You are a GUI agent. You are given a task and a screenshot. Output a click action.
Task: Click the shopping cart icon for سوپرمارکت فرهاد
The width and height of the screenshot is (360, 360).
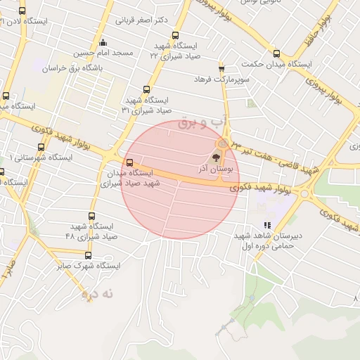pyautogui.click(x=221, y=69)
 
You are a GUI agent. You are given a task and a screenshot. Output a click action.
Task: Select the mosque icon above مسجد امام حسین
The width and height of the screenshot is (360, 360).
pyautogui.click(x=103, y=41)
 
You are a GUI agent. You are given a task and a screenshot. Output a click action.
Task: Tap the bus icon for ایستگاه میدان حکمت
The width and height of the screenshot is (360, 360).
pyautogui.click(x=276, y=53)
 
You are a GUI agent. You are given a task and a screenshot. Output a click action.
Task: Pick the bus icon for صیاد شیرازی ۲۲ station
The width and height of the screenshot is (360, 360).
pyautogui.click(x=175, y=37)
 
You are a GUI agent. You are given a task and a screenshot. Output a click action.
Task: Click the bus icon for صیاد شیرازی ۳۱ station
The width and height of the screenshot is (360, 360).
pyautogui.click(x=146, y=89)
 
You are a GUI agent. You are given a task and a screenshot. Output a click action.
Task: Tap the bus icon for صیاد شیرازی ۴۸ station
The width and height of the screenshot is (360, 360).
pyautogui.click(x=91, y=216)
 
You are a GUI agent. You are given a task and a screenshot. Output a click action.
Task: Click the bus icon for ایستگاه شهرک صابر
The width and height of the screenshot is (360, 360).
pyautogui.click(x=88, y=256)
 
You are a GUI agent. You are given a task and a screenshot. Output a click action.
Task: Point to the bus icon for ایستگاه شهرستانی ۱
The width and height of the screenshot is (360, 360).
pyautogui.click(x=41, y=148)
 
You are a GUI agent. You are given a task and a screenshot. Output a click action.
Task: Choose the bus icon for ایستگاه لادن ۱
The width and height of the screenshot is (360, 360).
pyautogui.click(x=22, y=11)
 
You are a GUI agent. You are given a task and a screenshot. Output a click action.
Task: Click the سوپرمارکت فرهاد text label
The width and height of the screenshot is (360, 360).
pyautogui.click(x=223, y=81)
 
